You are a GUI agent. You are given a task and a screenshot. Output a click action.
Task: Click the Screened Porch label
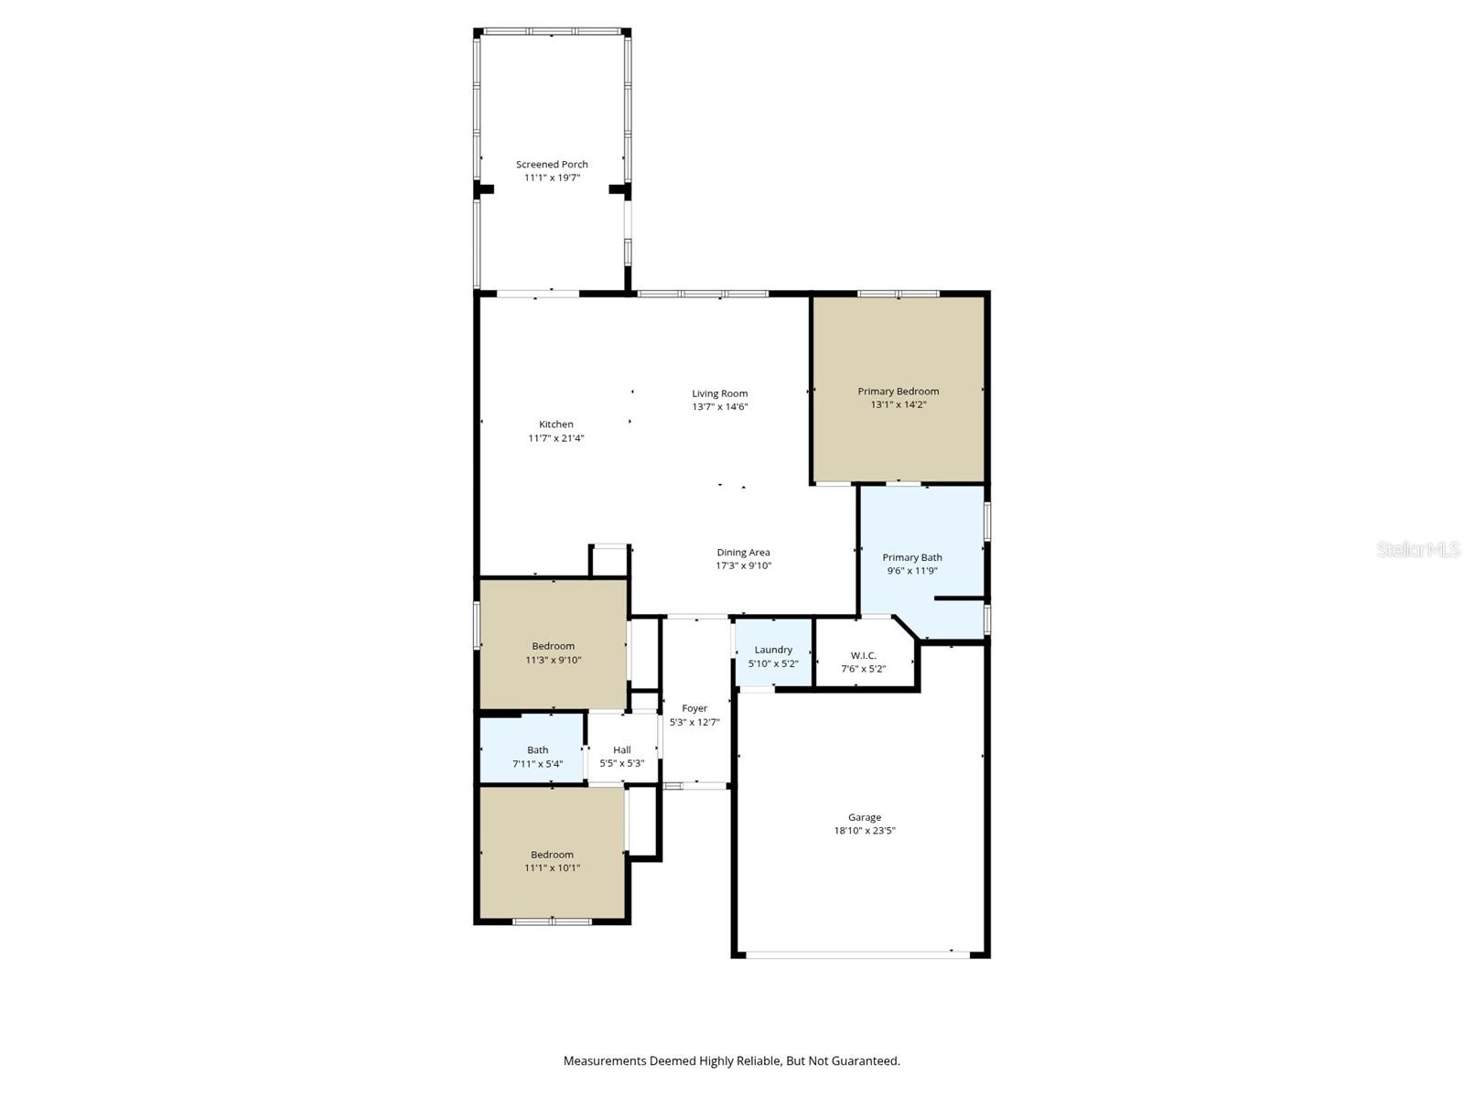552,165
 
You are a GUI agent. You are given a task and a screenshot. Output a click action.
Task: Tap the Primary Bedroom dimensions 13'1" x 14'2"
899,404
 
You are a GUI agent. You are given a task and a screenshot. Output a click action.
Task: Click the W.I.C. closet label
863,655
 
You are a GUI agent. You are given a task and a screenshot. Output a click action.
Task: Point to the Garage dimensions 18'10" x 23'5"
864,831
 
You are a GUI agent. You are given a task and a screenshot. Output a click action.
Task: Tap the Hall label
622,749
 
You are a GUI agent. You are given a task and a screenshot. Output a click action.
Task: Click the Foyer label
694,708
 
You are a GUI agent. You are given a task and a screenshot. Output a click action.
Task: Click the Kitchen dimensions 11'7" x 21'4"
555,438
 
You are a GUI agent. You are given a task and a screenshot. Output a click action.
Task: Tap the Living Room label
720,393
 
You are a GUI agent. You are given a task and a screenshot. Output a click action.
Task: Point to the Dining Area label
743,552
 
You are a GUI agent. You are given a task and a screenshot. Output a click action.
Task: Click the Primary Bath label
912,557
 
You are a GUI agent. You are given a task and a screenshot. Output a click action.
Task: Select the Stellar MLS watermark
1418,549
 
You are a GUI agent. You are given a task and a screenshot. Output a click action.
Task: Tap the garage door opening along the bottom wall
856,954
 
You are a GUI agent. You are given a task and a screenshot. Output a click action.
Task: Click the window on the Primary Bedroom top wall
898,294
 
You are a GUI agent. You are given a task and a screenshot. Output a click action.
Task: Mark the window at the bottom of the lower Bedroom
552,920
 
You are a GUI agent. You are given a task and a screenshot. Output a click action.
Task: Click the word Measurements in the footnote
605,1061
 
